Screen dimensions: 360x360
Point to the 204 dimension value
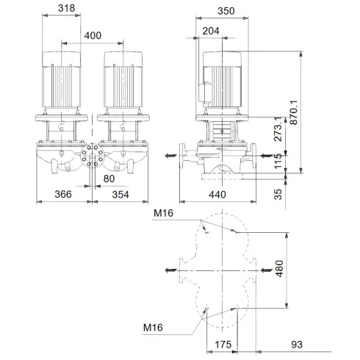[x=209, y=31]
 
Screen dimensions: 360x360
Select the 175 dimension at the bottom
[x=223, y=343]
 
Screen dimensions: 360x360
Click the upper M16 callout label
[x=164, y=214]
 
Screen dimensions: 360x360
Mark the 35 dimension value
[x=278, y=195]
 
